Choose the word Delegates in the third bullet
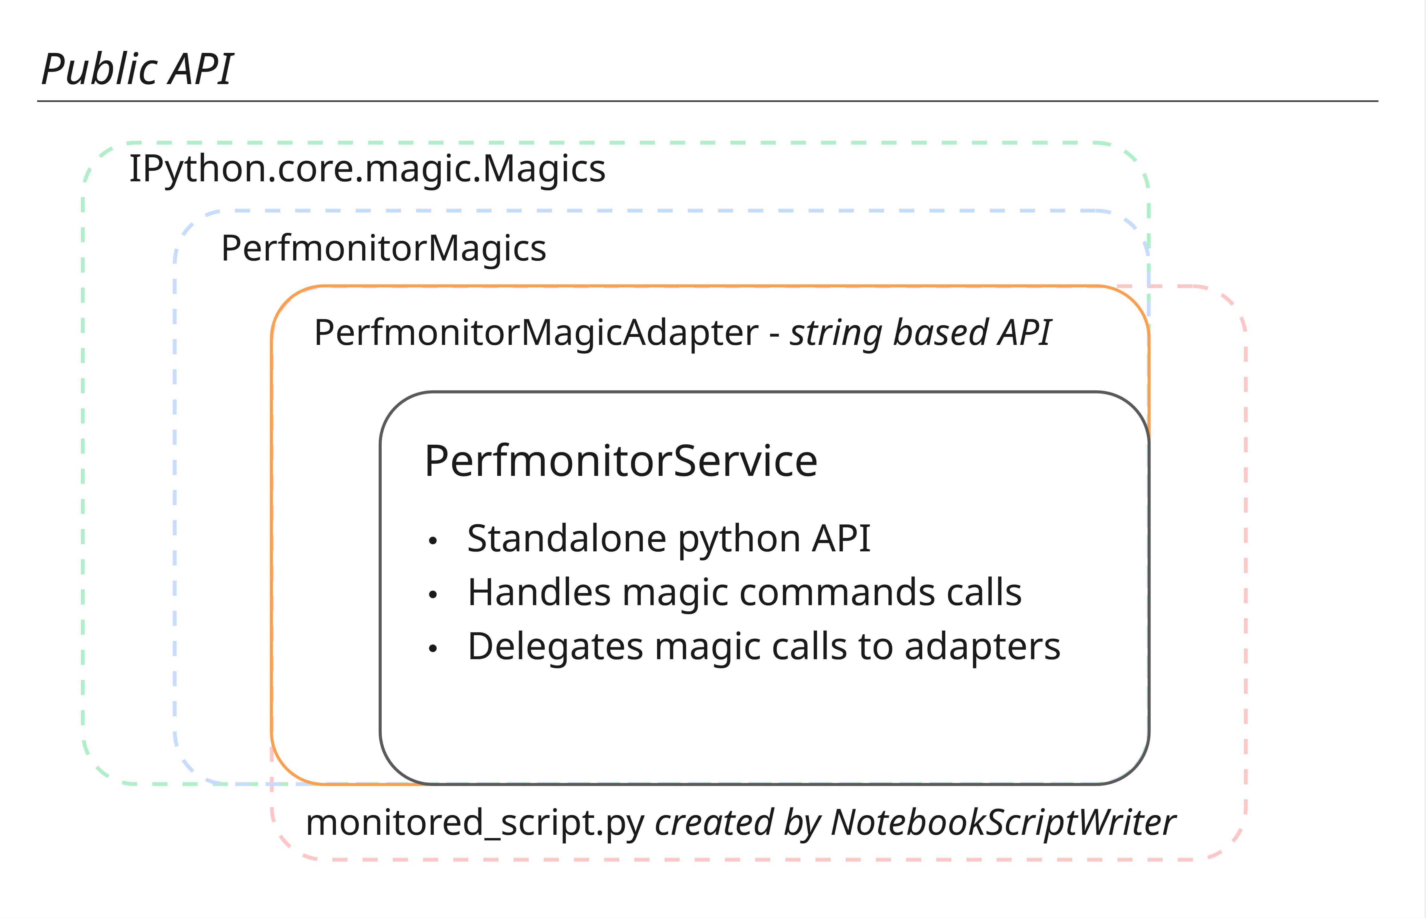pos(555,647)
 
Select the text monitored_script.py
pos(475,823)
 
